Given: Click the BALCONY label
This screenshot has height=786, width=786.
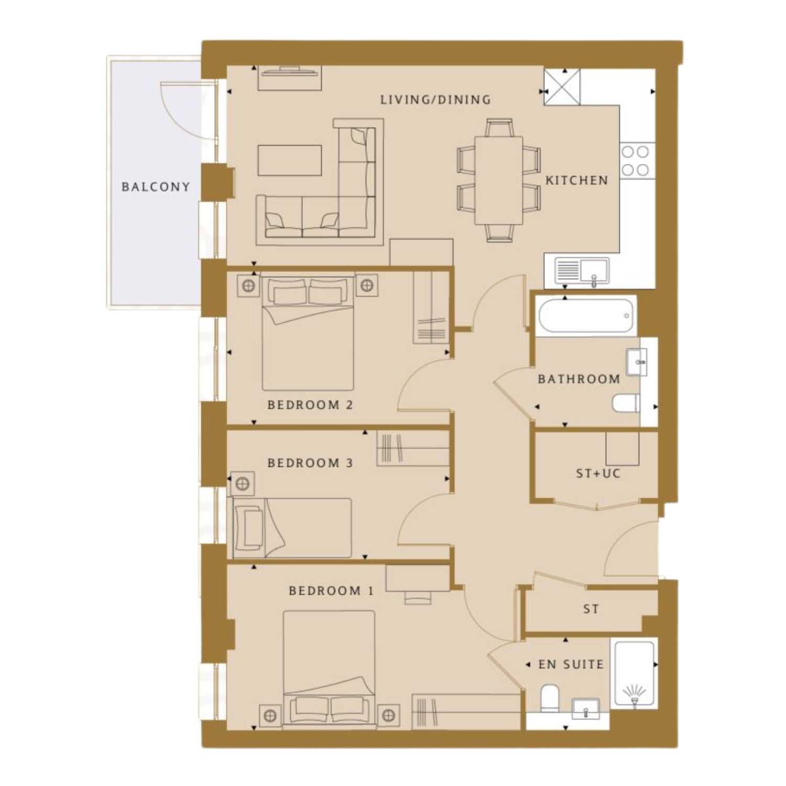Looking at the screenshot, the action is pos(156,187).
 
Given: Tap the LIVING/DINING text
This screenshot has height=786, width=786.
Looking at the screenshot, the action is pos(435,100).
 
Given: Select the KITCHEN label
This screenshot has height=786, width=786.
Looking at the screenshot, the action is pos(577,180).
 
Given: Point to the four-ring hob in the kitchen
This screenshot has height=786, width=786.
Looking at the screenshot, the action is pos(636,161).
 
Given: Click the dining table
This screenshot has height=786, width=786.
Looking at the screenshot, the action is pos(499,180).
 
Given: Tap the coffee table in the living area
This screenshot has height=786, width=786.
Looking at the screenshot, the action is pos(290,160).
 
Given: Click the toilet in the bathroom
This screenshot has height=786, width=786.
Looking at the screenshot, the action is pos(626,403).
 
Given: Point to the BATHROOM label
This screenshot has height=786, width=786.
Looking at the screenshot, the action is pos(579,379).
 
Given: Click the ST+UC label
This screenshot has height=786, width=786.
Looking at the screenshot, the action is pos(598,474).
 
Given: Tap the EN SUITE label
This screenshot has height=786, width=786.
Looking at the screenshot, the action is pos(571,664).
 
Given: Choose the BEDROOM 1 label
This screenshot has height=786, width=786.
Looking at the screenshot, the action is pos(331,591).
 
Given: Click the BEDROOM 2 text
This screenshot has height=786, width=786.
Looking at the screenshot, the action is pos(310,405).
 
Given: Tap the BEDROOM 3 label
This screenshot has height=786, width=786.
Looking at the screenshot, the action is pos(310,463).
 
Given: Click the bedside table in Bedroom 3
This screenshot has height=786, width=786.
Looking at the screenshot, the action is pos(242,484).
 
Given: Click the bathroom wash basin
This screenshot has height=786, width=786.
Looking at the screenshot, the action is pos(637,362).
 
